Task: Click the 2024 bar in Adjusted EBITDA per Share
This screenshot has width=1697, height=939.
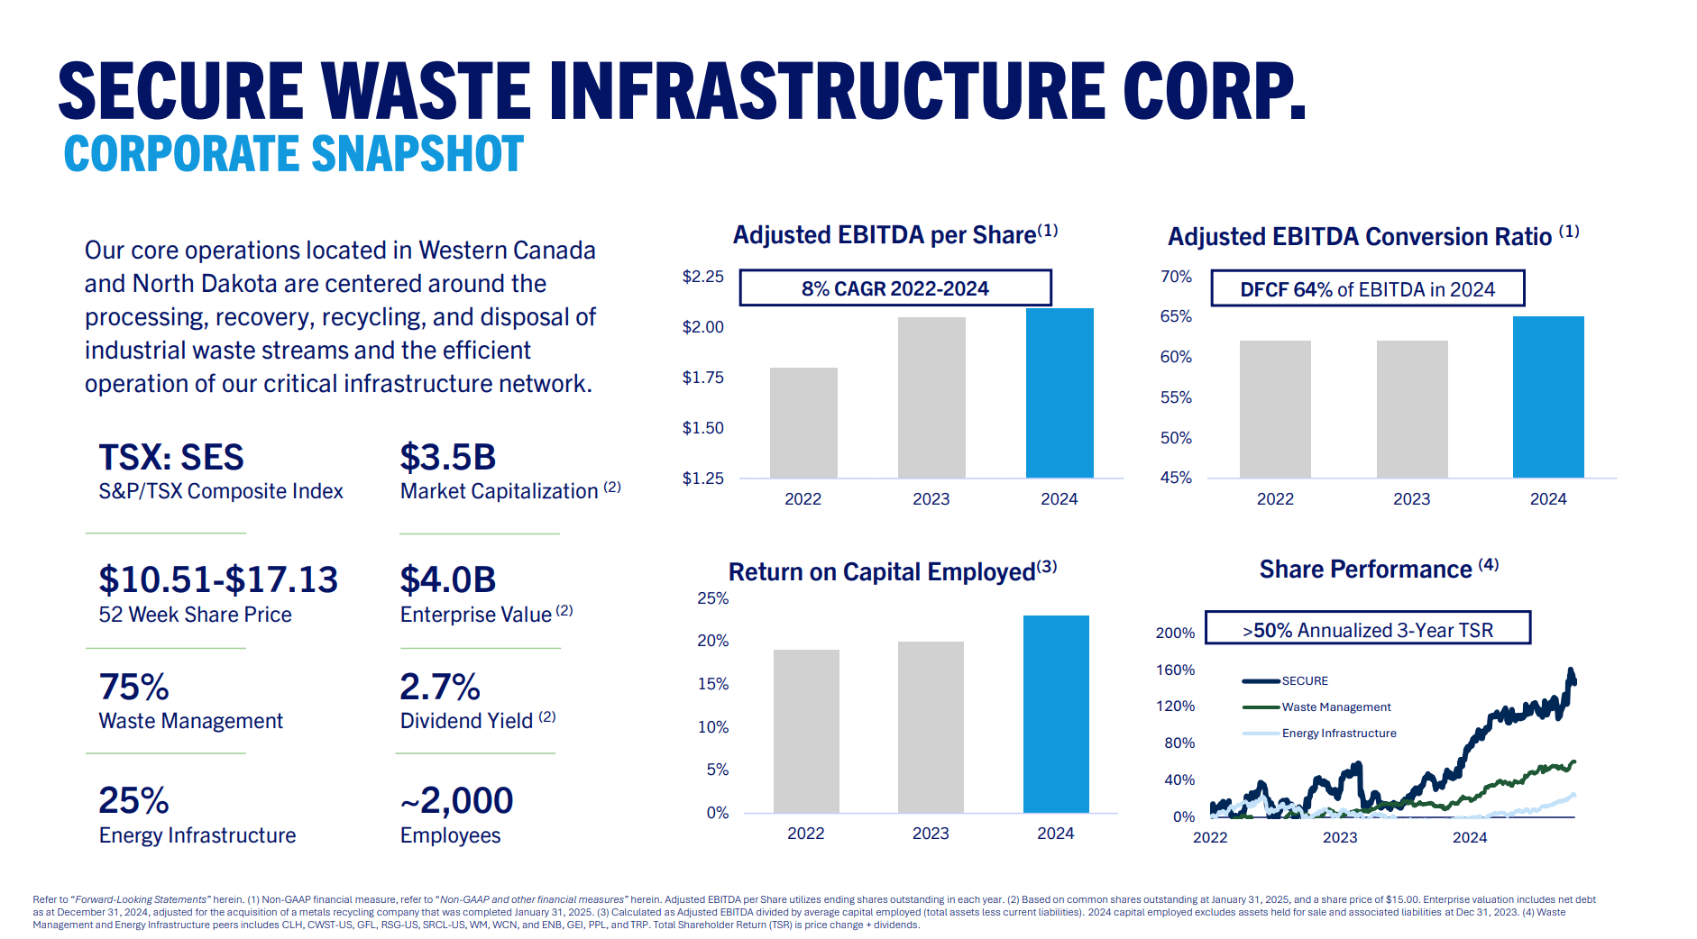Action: tap(1059, 393)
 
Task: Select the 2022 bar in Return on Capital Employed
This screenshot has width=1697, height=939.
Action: tap(806, 731)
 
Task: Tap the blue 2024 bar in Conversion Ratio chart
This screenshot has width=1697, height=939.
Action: tap(1548, 397)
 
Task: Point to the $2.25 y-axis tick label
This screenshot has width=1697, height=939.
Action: tap(702, 277)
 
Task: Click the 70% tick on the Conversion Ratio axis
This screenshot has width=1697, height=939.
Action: tap(1176, 277)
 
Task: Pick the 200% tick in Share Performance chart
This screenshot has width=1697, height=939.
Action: tap(1175, 633)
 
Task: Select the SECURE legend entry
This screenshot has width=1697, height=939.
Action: tap(1304, 681)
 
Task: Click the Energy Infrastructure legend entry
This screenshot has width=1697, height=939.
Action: tap(1338, 734)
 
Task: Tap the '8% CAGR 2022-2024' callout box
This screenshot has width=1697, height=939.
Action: tap(895, 288)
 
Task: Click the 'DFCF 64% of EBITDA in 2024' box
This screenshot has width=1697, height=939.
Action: tap(1367, 289)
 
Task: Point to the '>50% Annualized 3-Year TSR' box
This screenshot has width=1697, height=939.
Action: tap(1367, 629)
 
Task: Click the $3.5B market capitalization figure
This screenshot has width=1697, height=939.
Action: tap(448, 458)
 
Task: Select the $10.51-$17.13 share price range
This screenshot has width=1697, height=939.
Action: tap(218, 579)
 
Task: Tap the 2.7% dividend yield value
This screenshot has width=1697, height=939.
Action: tap(440, 687)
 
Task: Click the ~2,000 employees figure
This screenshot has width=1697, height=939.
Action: tap(456, 800)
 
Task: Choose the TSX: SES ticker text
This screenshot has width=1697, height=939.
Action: tap(171, 458)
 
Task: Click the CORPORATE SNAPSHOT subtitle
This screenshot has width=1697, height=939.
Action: tap(294, 154)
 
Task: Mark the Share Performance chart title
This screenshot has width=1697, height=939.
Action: tap(1378, 570)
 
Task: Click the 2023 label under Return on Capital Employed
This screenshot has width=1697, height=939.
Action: tap(931, 834)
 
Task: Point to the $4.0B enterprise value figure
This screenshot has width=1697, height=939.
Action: tap(448, 579)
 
